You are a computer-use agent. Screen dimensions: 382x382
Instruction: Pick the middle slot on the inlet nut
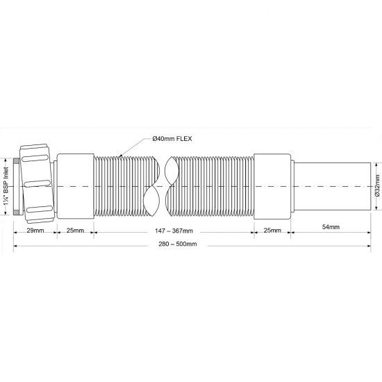coord(38,184)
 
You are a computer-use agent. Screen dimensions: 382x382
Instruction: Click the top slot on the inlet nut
coord(38,158)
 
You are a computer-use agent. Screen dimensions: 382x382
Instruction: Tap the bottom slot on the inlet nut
coord(38,210)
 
